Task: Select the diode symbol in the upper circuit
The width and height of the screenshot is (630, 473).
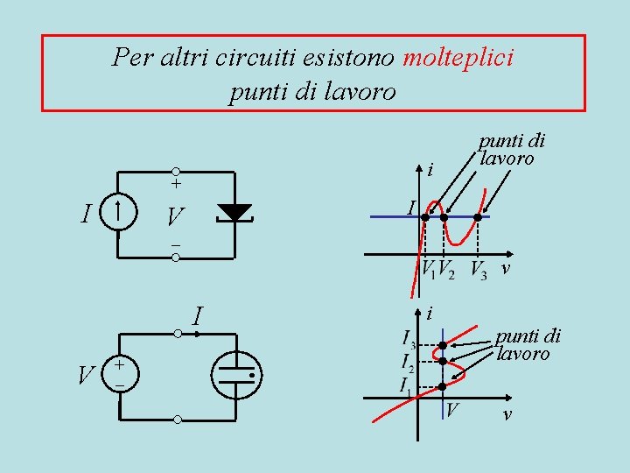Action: point(234,212)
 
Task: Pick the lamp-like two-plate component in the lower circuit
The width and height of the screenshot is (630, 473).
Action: point(236,374)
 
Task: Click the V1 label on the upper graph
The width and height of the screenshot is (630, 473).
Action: point(428,268)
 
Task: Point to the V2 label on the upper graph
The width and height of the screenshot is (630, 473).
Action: point(446,268)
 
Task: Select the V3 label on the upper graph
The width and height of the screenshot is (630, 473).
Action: point(479,268)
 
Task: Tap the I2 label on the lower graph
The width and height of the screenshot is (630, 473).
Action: point(407,361)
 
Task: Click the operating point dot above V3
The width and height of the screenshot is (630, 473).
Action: point(477,216)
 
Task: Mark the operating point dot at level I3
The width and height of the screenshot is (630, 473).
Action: point(443,345)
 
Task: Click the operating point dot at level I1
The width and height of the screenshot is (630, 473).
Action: point(443,385)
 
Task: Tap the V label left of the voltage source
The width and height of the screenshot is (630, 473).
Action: point(86,377)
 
